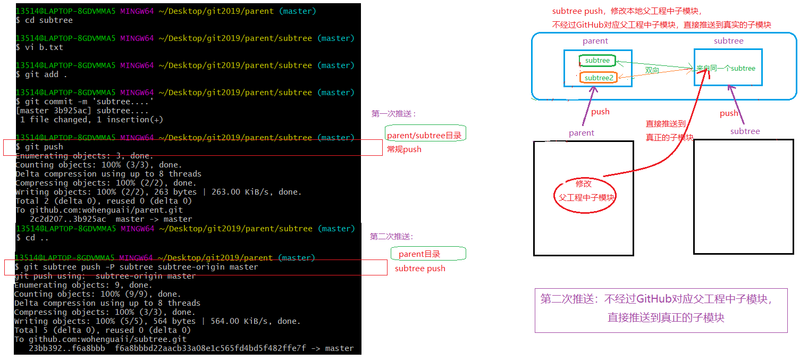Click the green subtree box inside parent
click(597, 61)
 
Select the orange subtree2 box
click(599, 78)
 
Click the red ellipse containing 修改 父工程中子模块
click(584, 191)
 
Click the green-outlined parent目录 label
click(428, 254)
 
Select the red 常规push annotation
click(404, 149)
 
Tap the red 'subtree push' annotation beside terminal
click(420, 269)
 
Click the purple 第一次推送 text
click(394, 113)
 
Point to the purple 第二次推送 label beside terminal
click(392, 237)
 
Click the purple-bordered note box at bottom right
click(661, 311)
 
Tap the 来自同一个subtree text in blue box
click(726, 68)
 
